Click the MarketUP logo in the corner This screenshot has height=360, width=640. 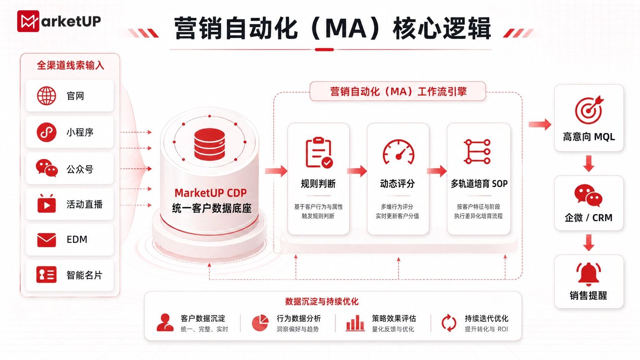click(59, 21)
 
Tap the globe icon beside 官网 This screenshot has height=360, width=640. click(46, 96)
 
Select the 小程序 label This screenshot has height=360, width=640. click(80, 132)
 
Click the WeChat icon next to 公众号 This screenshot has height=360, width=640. click(47, 168)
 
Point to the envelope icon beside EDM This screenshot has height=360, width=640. click(47, 240)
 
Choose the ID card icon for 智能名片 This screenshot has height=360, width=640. click(46, 275)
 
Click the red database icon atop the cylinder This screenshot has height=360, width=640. click(209, 144)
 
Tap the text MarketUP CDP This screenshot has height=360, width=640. click(211, 193)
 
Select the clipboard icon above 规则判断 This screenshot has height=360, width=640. click(318, 152)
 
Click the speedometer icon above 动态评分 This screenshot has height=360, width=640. click(398, 152)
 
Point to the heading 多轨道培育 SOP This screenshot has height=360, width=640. click(479, 184)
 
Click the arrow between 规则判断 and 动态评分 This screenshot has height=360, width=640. click(357, 171)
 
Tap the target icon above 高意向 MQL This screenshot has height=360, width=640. click(589, 110)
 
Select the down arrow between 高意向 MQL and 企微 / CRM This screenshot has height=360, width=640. click(589, 163)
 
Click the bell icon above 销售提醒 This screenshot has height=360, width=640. click(589, 274)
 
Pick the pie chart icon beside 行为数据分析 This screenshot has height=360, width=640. click(260, 323)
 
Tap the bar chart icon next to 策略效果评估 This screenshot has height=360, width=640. click(355, 323)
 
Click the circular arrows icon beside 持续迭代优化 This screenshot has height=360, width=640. click(449, 323)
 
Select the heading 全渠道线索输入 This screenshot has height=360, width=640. click(70, 65)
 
